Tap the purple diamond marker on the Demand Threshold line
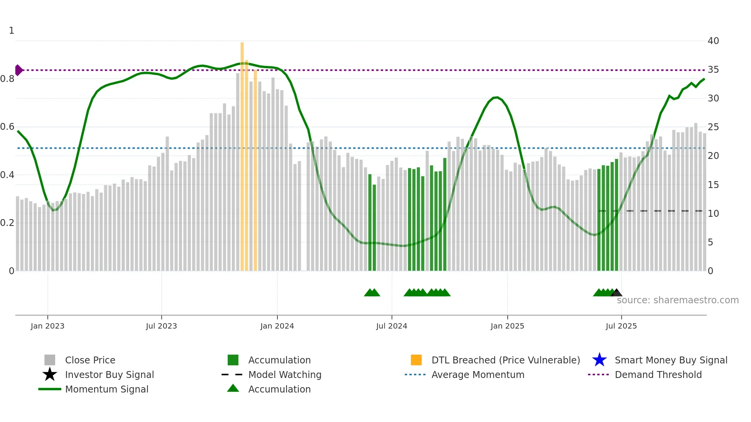point(18,70)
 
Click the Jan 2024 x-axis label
point(277,326)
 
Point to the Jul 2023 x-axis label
point(161,326)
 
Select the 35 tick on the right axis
point(713,70)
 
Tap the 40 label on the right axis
point(713,41)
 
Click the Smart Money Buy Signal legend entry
point(671,360)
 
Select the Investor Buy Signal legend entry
point(109,375)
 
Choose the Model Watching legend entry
point(284,375)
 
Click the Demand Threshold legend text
point(658,375)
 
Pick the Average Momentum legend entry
point(477,375)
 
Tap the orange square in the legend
point(416,360)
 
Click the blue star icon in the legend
point(599,360)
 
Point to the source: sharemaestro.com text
point(677,300)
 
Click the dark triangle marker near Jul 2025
point(616,293)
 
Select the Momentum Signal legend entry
point(107,389)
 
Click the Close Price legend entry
point(90,360)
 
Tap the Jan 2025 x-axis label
point(507,326)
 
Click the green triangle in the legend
point(233,388)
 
